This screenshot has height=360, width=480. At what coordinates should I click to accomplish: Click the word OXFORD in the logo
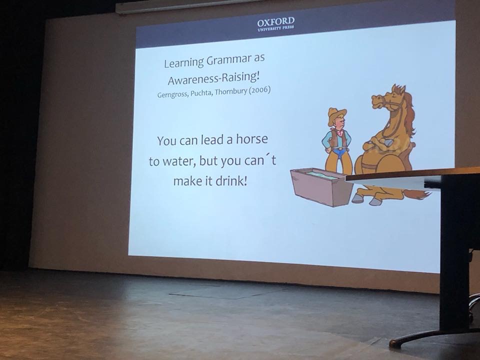275,21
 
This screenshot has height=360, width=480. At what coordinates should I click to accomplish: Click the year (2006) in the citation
259,91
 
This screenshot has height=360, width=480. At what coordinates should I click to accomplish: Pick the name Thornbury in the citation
230,92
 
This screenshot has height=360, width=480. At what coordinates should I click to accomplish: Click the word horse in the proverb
251,139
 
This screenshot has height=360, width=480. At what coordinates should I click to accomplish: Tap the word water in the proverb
179,161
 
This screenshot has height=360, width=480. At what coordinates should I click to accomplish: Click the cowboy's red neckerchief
340,132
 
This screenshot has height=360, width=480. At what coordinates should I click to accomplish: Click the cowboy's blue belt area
339,151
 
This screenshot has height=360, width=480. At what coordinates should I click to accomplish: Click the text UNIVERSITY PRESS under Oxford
275,28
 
